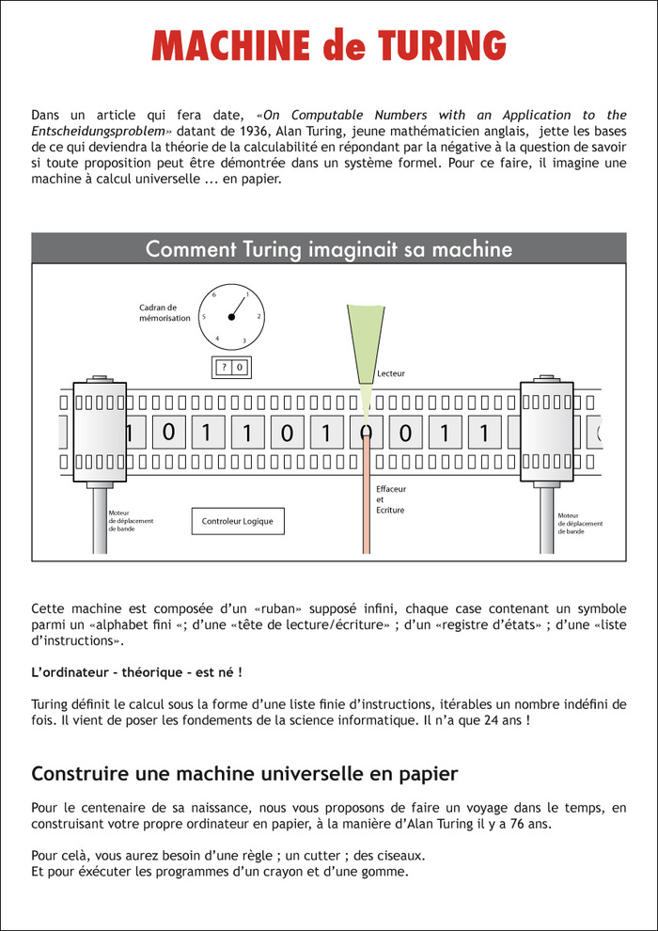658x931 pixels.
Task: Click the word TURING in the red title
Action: tap(442, 45)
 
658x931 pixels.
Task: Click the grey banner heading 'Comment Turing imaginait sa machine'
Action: tap(329, 249)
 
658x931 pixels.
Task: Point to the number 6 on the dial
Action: tap(214, 294)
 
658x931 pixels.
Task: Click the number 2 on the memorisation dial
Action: tap(258, 317)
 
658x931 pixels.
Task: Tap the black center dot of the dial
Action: tap(231, 317)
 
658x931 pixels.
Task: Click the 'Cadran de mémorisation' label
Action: tap(164, 312)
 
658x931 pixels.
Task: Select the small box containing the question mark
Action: tap(224, 368)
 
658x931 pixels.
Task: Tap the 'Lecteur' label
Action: tap(391, 374)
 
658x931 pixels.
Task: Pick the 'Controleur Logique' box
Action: tap(238, 521)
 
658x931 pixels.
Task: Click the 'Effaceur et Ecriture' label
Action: tap(390, 500)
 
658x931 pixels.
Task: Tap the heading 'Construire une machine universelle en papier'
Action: tap(244, 774)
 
